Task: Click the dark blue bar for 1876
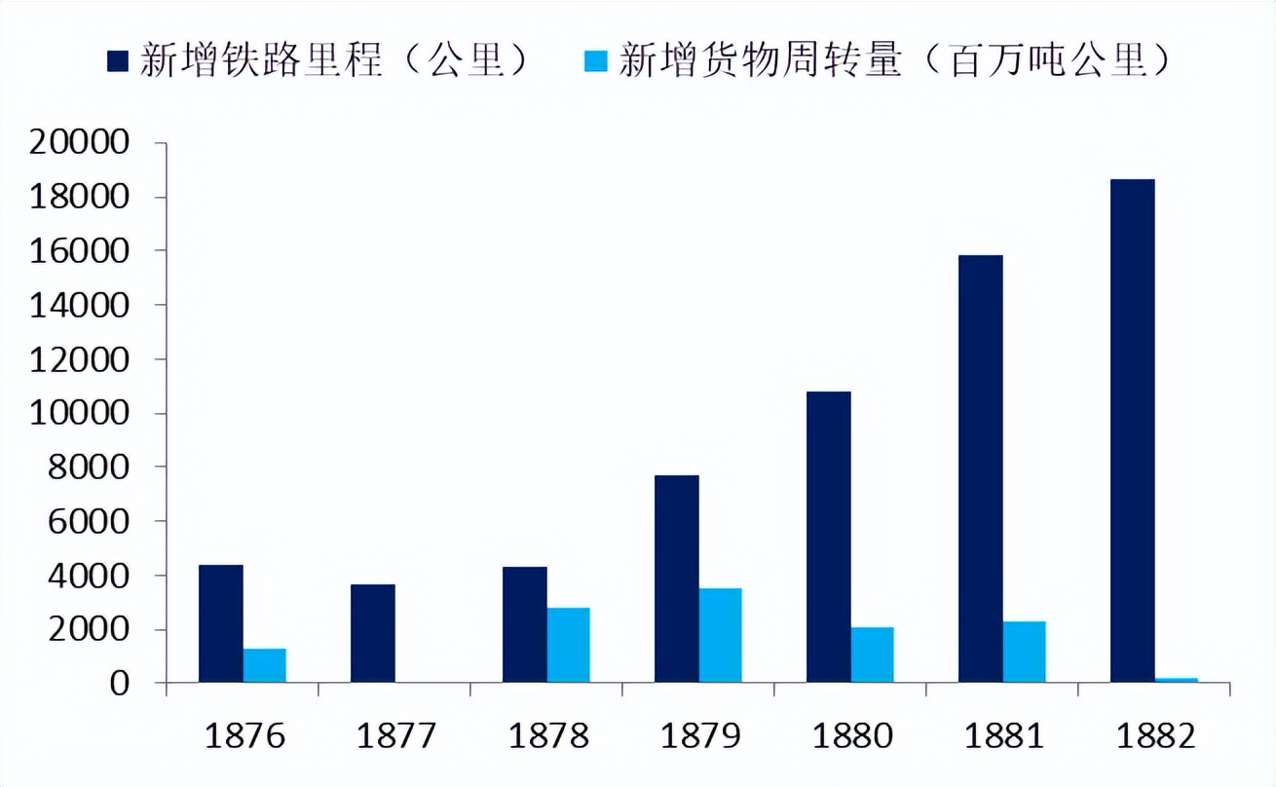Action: click(221, 623)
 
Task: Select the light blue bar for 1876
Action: click(264, 666)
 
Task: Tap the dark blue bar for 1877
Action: click(373, 633)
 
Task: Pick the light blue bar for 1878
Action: click(568, 645)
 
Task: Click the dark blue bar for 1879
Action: click(677, 579)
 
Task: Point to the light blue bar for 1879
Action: click(720, 635)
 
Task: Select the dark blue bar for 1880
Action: click(829, 537)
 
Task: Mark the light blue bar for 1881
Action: click(1024, 652)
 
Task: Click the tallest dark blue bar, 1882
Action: click(1133, 431)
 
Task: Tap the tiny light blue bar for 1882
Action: click(1176, 680)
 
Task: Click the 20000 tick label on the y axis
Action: click(80, 143)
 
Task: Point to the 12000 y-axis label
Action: click(80, 359)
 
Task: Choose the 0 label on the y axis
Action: click(119, 684)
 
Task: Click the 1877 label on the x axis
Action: click(396, 735)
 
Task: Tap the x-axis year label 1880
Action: click(852, 735)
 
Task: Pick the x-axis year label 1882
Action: click(1156, 735)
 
